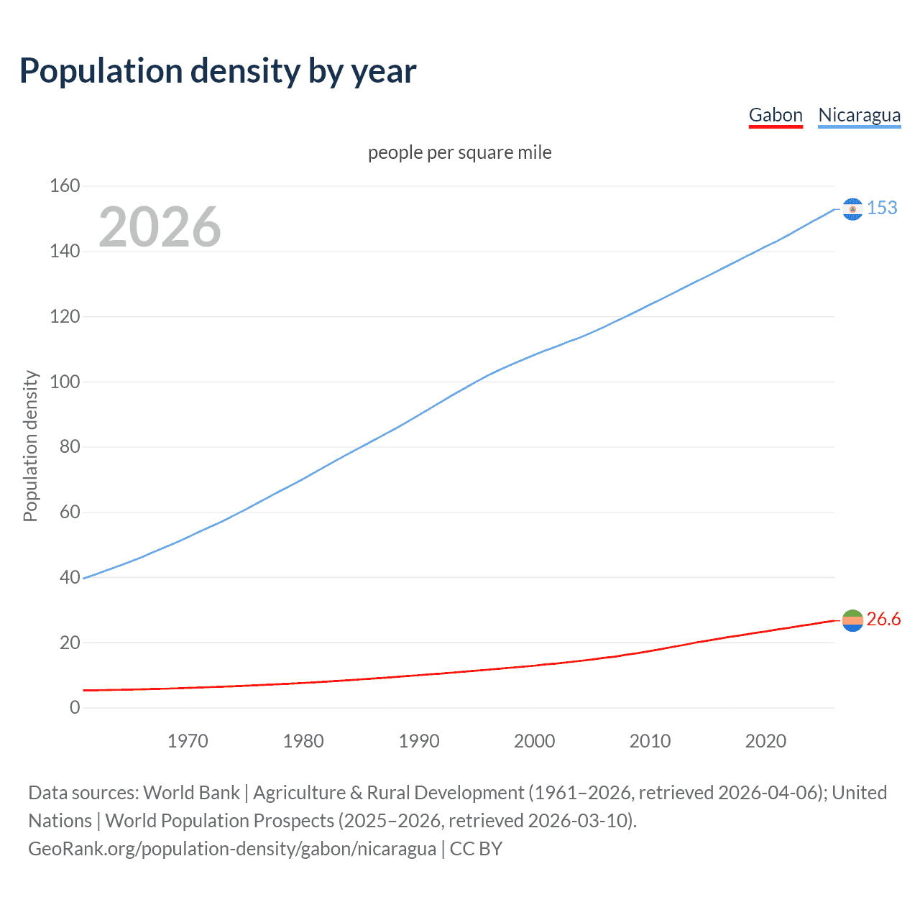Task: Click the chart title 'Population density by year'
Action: pyautogui.click(x=218, y=71)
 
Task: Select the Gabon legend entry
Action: pyautogui.click(x=776, y=115)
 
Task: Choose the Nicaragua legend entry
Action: pyautogui.click(x=859, y=115)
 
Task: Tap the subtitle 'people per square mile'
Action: pyautogui.click(x=460, y=152)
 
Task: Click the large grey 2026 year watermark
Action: pyautogui.click(x=160, y=227)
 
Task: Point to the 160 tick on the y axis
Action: pyautogui.click(x=65, y=186)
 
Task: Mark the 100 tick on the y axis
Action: pyautogui.click(x=65, y=382)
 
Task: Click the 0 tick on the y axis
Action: pyautogui.click(x=75, y=708)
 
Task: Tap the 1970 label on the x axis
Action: pyautogui.click(x=188, y=741)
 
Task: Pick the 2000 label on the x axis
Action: pyautogui.click(x=534, y=741)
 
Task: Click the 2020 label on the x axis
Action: pyautogui.click(x=765, y=741)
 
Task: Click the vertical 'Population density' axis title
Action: pyautogui.click(x=30, y=446)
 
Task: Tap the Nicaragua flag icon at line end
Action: pyautogui.click(x=852, y=208)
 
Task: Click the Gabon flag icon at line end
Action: pyautogui.click(x=852, y=620)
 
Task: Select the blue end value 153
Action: pyautogui.click(x=882, y=208)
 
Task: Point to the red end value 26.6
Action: pyautogui.click(x=883, y=620)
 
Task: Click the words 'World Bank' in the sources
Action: pyautogui.click(x=191, y=793)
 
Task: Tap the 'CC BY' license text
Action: pyautogui.click(x=476, y=849)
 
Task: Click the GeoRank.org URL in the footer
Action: pyautogui.click(x=232, y=849)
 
